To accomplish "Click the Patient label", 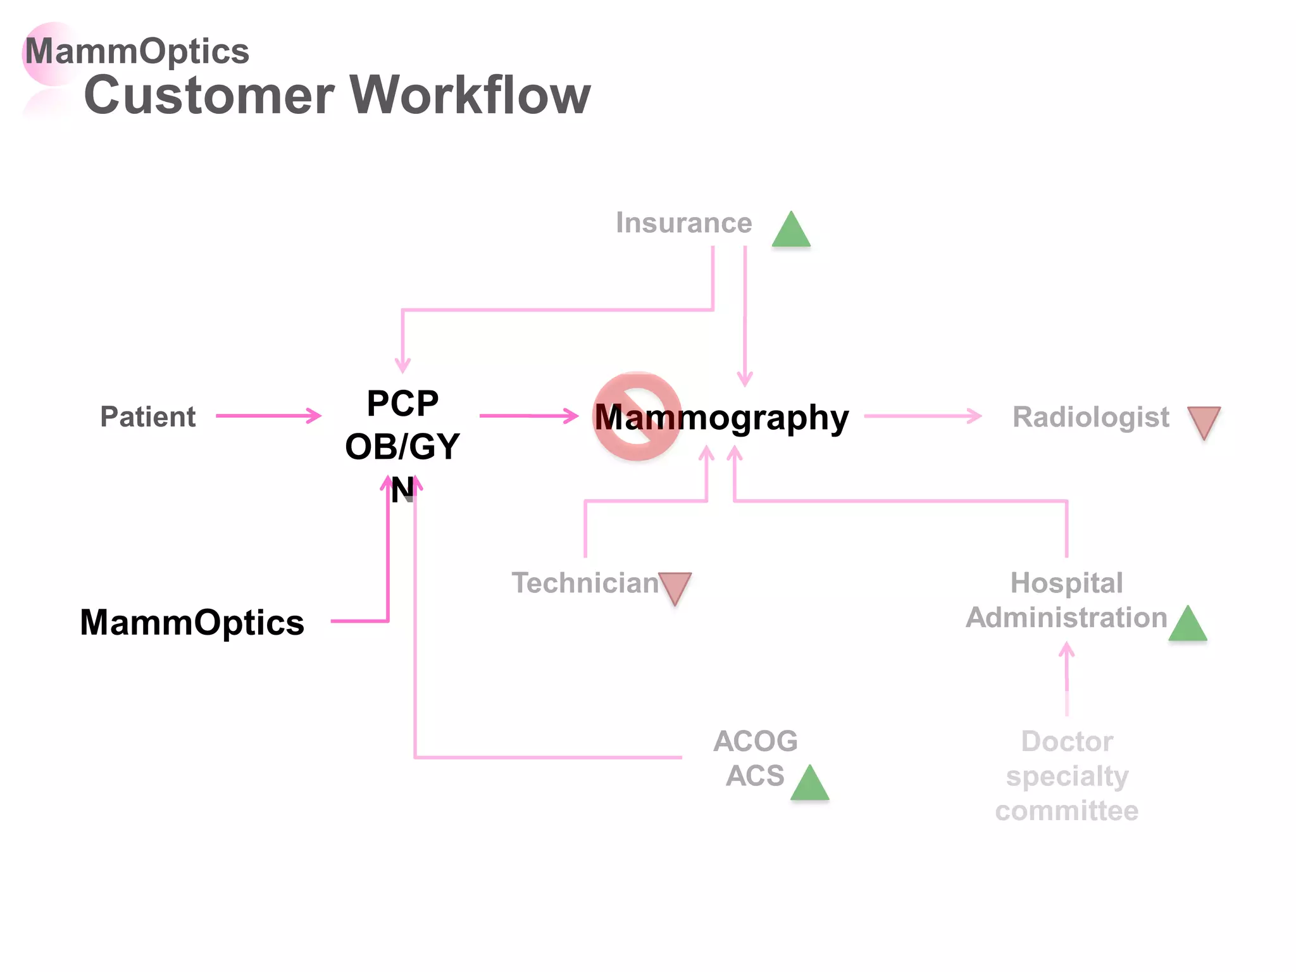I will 147,417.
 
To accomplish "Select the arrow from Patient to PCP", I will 268,416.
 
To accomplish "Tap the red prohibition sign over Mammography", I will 637,416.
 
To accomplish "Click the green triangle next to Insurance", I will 791,232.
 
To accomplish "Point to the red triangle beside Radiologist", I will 1204,421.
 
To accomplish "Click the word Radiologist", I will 1090,417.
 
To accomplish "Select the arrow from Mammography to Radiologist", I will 922,416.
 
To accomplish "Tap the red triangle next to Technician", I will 675,587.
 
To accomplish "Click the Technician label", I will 585,583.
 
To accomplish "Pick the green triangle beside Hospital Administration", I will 1187,626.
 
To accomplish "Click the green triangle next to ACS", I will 809,785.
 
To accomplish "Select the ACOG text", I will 755,741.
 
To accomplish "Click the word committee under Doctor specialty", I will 1066,811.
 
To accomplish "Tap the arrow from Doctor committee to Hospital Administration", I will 1067,677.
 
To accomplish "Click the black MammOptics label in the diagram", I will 192,622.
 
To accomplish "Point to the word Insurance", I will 683,223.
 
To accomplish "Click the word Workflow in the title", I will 470,95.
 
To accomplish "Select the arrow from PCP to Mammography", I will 528,416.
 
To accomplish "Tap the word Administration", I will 1066,617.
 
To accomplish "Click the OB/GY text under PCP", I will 402,447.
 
